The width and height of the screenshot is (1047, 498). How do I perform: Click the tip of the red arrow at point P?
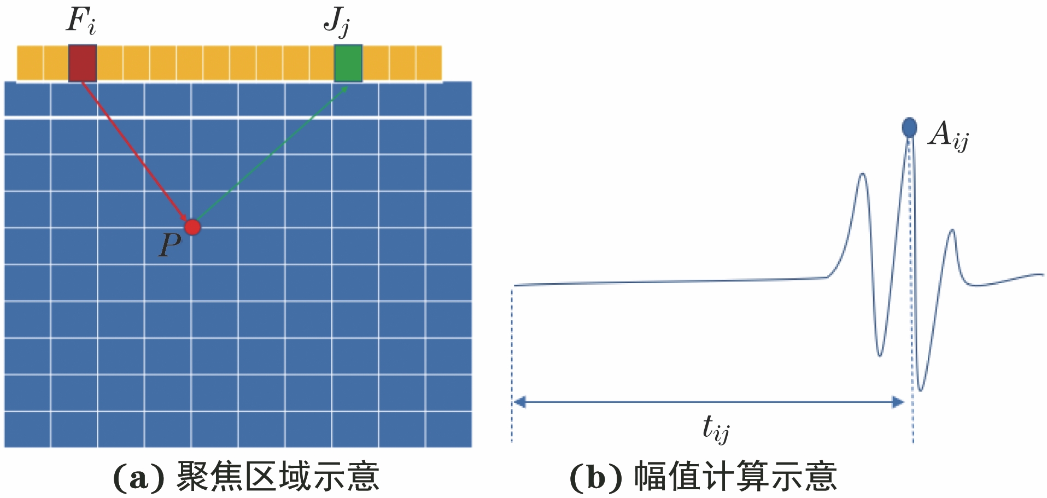coord(188,221)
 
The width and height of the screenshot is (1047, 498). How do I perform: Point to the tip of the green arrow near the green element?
coord(348,86)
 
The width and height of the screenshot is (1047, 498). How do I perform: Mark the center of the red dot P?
coord(192,227)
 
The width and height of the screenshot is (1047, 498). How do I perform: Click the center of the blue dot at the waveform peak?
coord(909,127)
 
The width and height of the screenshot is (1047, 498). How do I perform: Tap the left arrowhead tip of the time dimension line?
coord(514,403)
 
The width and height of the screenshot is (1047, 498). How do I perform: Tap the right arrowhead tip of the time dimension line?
coord(904,403)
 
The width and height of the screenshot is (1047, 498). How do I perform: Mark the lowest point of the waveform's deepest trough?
coord(921,391)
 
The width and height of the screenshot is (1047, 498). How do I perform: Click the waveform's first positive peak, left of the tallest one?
coord(862,174)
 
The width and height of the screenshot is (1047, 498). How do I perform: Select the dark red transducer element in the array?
coord(83,63)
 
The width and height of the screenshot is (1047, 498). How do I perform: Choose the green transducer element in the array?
coord(348,63)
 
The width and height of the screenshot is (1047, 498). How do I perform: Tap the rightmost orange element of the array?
coord(429,63)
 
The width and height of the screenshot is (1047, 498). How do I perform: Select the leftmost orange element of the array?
coord(30,63)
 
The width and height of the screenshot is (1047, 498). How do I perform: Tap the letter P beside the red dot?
coord(169,245)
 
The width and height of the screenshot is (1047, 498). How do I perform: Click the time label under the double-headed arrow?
coord(716,428)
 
